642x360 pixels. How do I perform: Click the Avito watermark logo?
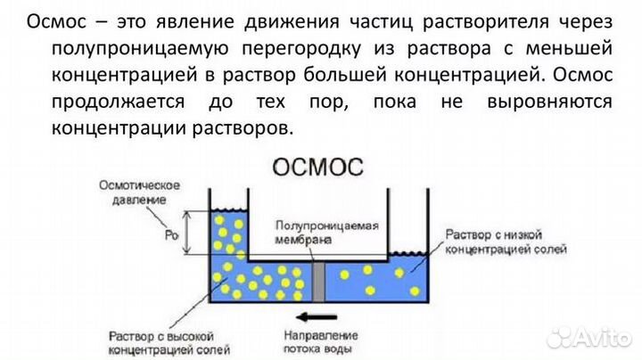(588, 336)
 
